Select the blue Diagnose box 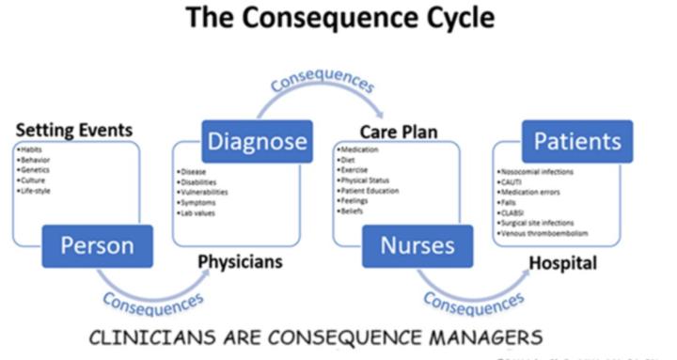click(257, 142)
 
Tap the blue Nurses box click(417, 245)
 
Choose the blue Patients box click(577, 142)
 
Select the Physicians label click(240, 261)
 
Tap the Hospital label click(562, 263)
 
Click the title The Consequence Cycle click(338, 20)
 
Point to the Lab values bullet click(197, 212)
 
